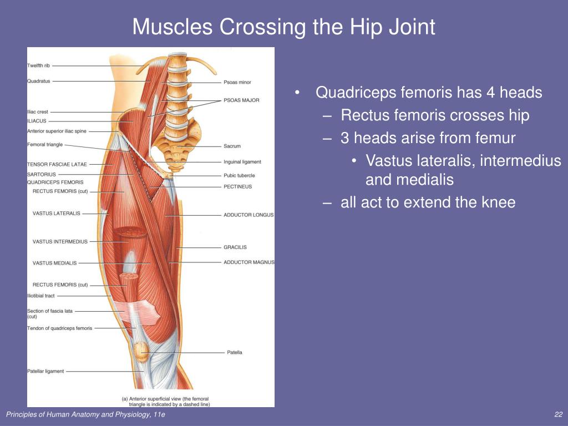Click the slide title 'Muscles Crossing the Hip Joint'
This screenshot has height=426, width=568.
[283, 27]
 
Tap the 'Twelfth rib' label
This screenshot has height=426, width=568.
[38, 65]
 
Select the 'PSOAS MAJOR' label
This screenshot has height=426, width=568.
[241, 100]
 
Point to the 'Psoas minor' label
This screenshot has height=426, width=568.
[237, 82]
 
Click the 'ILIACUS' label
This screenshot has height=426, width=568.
[37, 121]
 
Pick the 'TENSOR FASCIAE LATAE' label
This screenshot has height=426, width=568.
[57, 164]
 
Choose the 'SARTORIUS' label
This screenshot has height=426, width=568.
[42, 175]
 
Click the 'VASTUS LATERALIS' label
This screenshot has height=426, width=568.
[57, 214]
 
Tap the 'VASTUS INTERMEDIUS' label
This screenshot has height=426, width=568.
[60, 242]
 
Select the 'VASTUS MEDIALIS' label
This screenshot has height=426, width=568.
[55, 263]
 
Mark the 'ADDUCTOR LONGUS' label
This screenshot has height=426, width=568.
[248, 215]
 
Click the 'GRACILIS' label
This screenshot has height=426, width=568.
[235, 247]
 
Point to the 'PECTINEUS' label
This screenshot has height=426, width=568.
[237, 186]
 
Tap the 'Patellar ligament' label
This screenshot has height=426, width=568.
[45, 371]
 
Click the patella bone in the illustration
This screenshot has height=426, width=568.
[140, 351]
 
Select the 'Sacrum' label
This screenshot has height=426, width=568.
[232, 146]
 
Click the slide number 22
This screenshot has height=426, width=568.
[558, 414]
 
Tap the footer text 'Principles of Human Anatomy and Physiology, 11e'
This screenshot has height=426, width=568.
[85, 414]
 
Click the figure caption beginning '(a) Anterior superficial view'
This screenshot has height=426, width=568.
[166, 402]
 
